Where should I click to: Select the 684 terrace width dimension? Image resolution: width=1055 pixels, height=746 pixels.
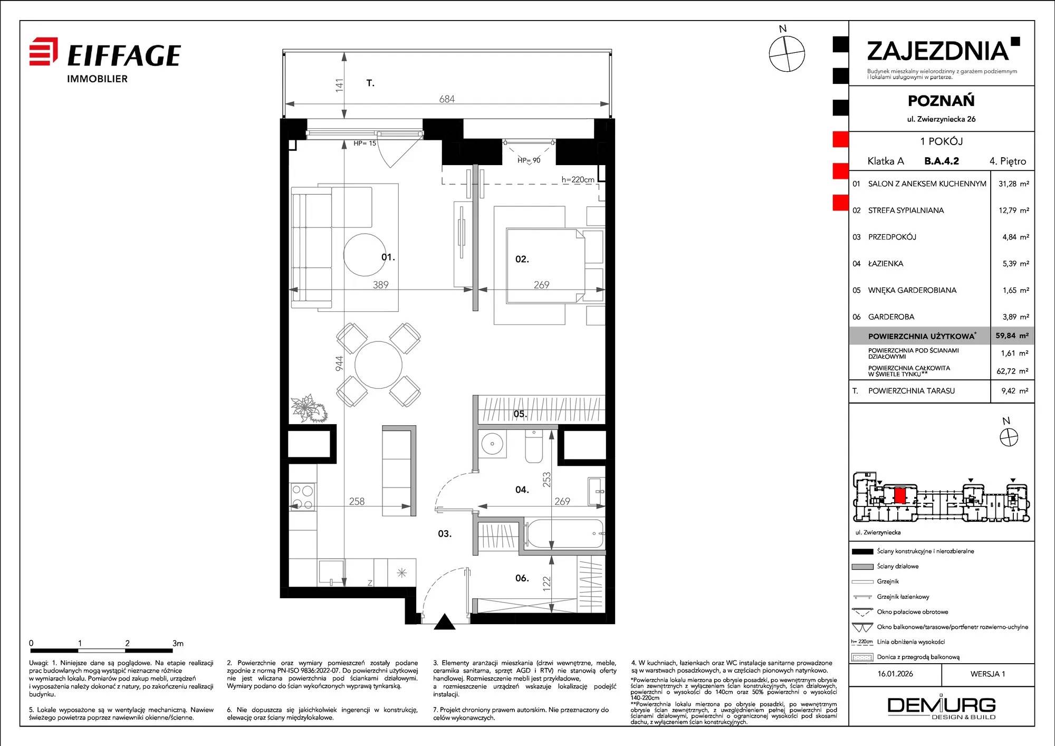point(447,99)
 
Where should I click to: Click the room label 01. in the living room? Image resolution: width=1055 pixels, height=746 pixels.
point(388,257)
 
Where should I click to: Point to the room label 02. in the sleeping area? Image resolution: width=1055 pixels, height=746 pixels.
point(522,259)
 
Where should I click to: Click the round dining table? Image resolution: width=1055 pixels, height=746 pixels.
point(378,365)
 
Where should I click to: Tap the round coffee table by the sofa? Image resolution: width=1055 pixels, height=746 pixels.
point(365,254)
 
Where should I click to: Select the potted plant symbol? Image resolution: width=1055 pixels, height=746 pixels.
point(309,408)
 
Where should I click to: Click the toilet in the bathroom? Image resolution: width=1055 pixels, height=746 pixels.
point(534,446)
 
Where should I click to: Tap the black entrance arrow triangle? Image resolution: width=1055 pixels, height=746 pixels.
point(445,622)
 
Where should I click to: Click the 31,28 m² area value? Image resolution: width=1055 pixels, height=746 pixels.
point(1013,184)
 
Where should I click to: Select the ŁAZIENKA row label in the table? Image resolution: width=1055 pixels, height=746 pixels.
point(886,263)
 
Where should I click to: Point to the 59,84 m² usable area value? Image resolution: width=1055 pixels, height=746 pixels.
point(1012,336)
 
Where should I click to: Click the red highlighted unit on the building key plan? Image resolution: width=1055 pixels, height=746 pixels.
point(900,495)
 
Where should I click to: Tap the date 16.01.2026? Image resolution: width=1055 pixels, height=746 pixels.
point(895,674)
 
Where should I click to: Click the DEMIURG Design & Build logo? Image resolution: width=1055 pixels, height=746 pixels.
point(942,708)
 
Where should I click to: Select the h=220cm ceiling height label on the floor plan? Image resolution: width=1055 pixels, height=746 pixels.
point(578,179)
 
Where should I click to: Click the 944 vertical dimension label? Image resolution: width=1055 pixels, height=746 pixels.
point(339,364)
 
